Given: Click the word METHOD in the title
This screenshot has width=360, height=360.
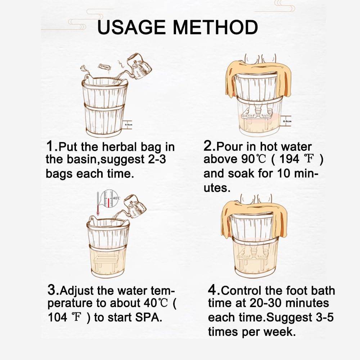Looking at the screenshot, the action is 215,27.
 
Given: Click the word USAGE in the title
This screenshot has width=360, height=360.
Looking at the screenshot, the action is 131,27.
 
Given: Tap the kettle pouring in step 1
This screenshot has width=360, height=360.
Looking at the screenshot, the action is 139,66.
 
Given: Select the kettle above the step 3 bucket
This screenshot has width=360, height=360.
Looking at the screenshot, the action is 135,206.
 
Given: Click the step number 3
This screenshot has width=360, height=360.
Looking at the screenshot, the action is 52,290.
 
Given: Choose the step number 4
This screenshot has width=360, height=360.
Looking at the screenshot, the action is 212,290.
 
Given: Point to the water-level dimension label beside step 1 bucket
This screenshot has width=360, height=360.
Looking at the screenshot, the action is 129,125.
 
